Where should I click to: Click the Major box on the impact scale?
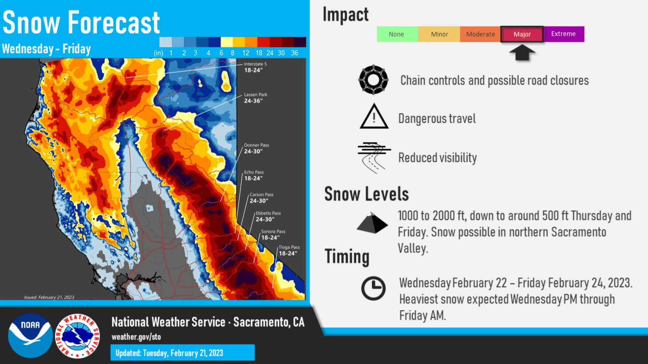pos(522,34)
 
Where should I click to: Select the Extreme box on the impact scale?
pos(564,34)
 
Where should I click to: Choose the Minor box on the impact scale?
pos(439,34)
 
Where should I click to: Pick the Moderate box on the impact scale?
pos(480,34)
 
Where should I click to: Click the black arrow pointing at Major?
pos(522,53)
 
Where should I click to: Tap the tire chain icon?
pos(373,80)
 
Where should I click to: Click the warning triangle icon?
pos(374,116)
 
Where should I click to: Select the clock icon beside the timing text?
pos(373,289)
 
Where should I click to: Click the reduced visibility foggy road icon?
pos(374,158)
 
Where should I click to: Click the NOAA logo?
pos(30,336)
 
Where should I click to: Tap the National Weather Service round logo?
pos(78,336)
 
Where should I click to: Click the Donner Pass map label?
pos(256,148)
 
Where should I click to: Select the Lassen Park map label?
pos(255,98)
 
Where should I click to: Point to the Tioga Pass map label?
pos(289,250)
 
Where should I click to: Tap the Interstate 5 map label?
pos(255,67)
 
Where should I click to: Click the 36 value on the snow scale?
pos(294,53)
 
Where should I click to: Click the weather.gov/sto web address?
pos(136,337)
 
